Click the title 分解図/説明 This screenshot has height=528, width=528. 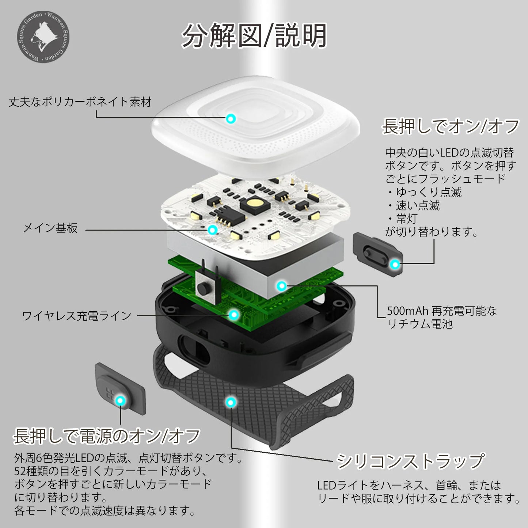(x=254, y=35)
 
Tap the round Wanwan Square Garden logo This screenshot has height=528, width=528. (x=43, y=37)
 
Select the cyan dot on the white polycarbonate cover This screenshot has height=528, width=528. (x=231, y=119)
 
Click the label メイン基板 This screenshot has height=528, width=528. (x=50, y=228)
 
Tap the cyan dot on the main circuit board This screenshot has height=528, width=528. (x=212, y=229)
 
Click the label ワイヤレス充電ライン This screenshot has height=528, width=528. (x=77, y=316)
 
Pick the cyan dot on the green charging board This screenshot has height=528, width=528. (x=234, y=315)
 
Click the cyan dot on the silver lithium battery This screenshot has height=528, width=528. (x=282, y=286)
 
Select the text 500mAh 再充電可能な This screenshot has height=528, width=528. (x=442, y=311)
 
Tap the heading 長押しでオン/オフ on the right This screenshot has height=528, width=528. (x=451, y=126)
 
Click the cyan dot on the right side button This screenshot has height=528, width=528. (x=395, y=264)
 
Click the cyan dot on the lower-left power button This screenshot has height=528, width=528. (x=120, y=401)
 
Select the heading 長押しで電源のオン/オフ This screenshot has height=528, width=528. (x=107, y=436)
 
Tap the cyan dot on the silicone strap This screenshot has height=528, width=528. (x=231, y=402)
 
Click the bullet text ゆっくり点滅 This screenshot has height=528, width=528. (x=429, y=192)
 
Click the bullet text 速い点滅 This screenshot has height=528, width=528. (x=418, y=205)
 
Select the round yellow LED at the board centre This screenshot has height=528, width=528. (x=253, y=203)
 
